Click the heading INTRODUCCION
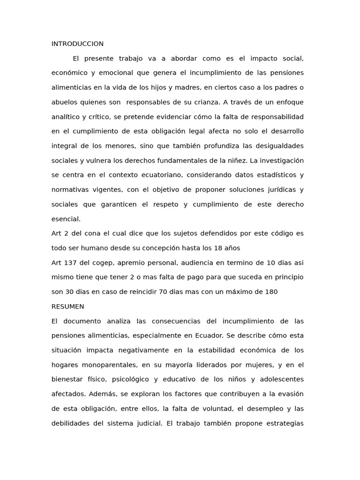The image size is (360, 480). pyautogui.click(x=77, y=44)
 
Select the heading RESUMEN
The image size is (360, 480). pyautogui.click(x=67, y=307)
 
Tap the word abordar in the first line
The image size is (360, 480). pyautogui.click(x=184, y=59)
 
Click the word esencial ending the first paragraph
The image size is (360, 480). pyautogui.click(x=66, y=219)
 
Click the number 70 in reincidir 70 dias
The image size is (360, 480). pyautogui.click(x=164, y=292)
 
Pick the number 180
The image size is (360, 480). pyautogui.click(x=271, y=292)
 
